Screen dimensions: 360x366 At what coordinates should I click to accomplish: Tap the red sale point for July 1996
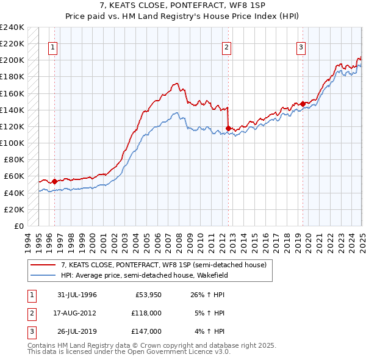click(54, 181)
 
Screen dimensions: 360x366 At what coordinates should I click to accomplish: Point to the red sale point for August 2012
click(228, 128)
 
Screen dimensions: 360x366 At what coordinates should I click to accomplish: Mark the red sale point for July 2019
click(303, 104)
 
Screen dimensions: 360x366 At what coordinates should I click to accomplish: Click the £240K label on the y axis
click(12, 27)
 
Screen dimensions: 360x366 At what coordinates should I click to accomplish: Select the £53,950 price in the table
click(145, 295)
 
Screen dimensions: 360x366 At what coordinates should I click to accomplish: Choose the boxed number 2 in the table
click(30, 313)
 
